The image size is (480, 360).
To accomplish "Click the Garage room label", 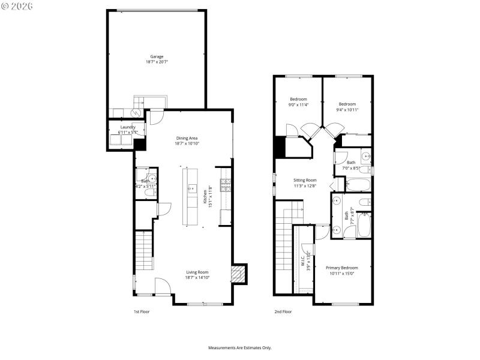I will (x=157, y=56).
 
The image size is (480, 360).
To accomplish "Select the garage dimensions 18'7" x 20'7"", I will (x=157, y=62).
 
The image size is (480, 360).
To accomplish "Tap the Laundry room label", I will (x=128, y=127).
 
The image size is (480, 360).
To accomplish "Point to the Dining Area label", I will (x=187, y=138).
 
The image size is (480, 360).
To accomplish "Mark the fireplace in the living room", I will (x=238, y=275).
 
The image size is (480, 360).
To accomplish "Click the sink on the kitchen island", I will (x=191, y=188).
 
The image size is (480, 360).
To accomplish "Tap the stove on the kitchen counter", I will (x=226, y=185).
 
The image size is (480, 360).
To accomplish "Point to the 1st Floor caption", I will (x=141, y=312).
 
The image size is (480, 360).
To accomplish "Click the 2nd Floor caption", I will (x=283, y=312).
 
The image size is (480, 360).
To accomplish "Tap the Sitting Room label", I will (x=305, y=180).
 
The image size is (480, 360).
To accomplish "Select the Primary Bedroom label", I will (x=342, y=268).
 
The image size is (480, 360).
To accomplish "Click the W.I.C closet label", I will (x=303, y=262).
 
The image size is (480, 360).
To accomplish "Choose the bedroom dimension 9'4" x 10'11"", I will (x=347, y=110).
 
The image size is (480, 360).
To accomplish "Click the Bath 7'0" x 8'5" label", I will (x=351, y=162).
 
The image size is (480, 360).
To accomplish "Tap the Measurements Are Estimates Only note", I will (x=240, y=348).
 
